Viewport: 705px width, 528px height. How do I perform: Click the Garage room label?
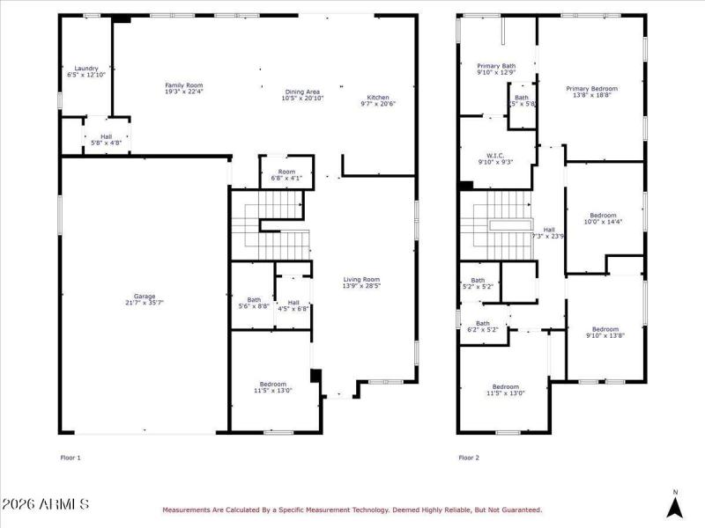point(145,299)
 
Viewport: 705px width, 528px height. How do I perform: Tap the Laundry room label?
point(85,71)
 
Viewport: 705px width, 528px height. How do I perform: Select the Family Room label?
point(184,88)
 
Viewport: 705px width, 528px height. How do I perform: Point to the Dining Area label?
point(301,95)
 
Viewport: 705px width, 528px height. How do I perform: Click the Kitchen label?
point(378,100)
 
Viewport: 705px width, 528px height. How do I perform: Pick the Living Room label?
point(361,282)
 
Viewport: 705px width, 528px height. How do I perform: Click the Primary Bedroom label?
point(591,92)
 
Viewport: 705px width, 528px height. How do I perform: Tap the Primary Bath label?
point(496,69)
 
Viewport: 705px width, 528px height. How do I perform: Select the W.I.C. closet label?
point(494,158)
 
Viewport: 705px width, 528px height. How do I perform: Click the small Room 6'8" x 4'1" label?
point(286,174)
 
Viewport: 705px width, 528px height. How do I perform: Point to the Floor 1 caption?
point(70,458)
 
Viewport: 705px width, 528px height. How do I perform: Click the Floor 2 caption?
point(469,458)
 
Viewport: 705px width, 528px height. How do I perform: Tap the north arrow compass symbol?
point(675,505)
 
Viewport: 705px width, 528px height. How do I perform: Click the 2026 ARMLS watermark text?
point(45,505)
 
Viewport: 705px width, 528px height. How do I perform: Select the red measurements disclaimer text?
point(351,510)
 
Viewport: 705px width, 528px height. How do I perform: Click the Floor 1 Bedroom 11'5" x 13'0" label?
point(272,387)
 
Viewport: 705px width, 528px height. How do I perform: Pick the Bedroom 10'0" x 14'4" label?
point(604,218)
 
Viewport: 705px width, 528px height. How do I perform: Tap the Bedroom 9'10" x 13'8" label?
point(605,332)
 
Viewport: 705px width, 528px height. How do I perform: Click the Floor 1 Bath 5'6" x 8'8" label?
point(254,302)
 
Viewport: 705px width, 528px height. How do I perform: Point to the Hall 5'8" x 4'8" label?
point(107,139)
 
